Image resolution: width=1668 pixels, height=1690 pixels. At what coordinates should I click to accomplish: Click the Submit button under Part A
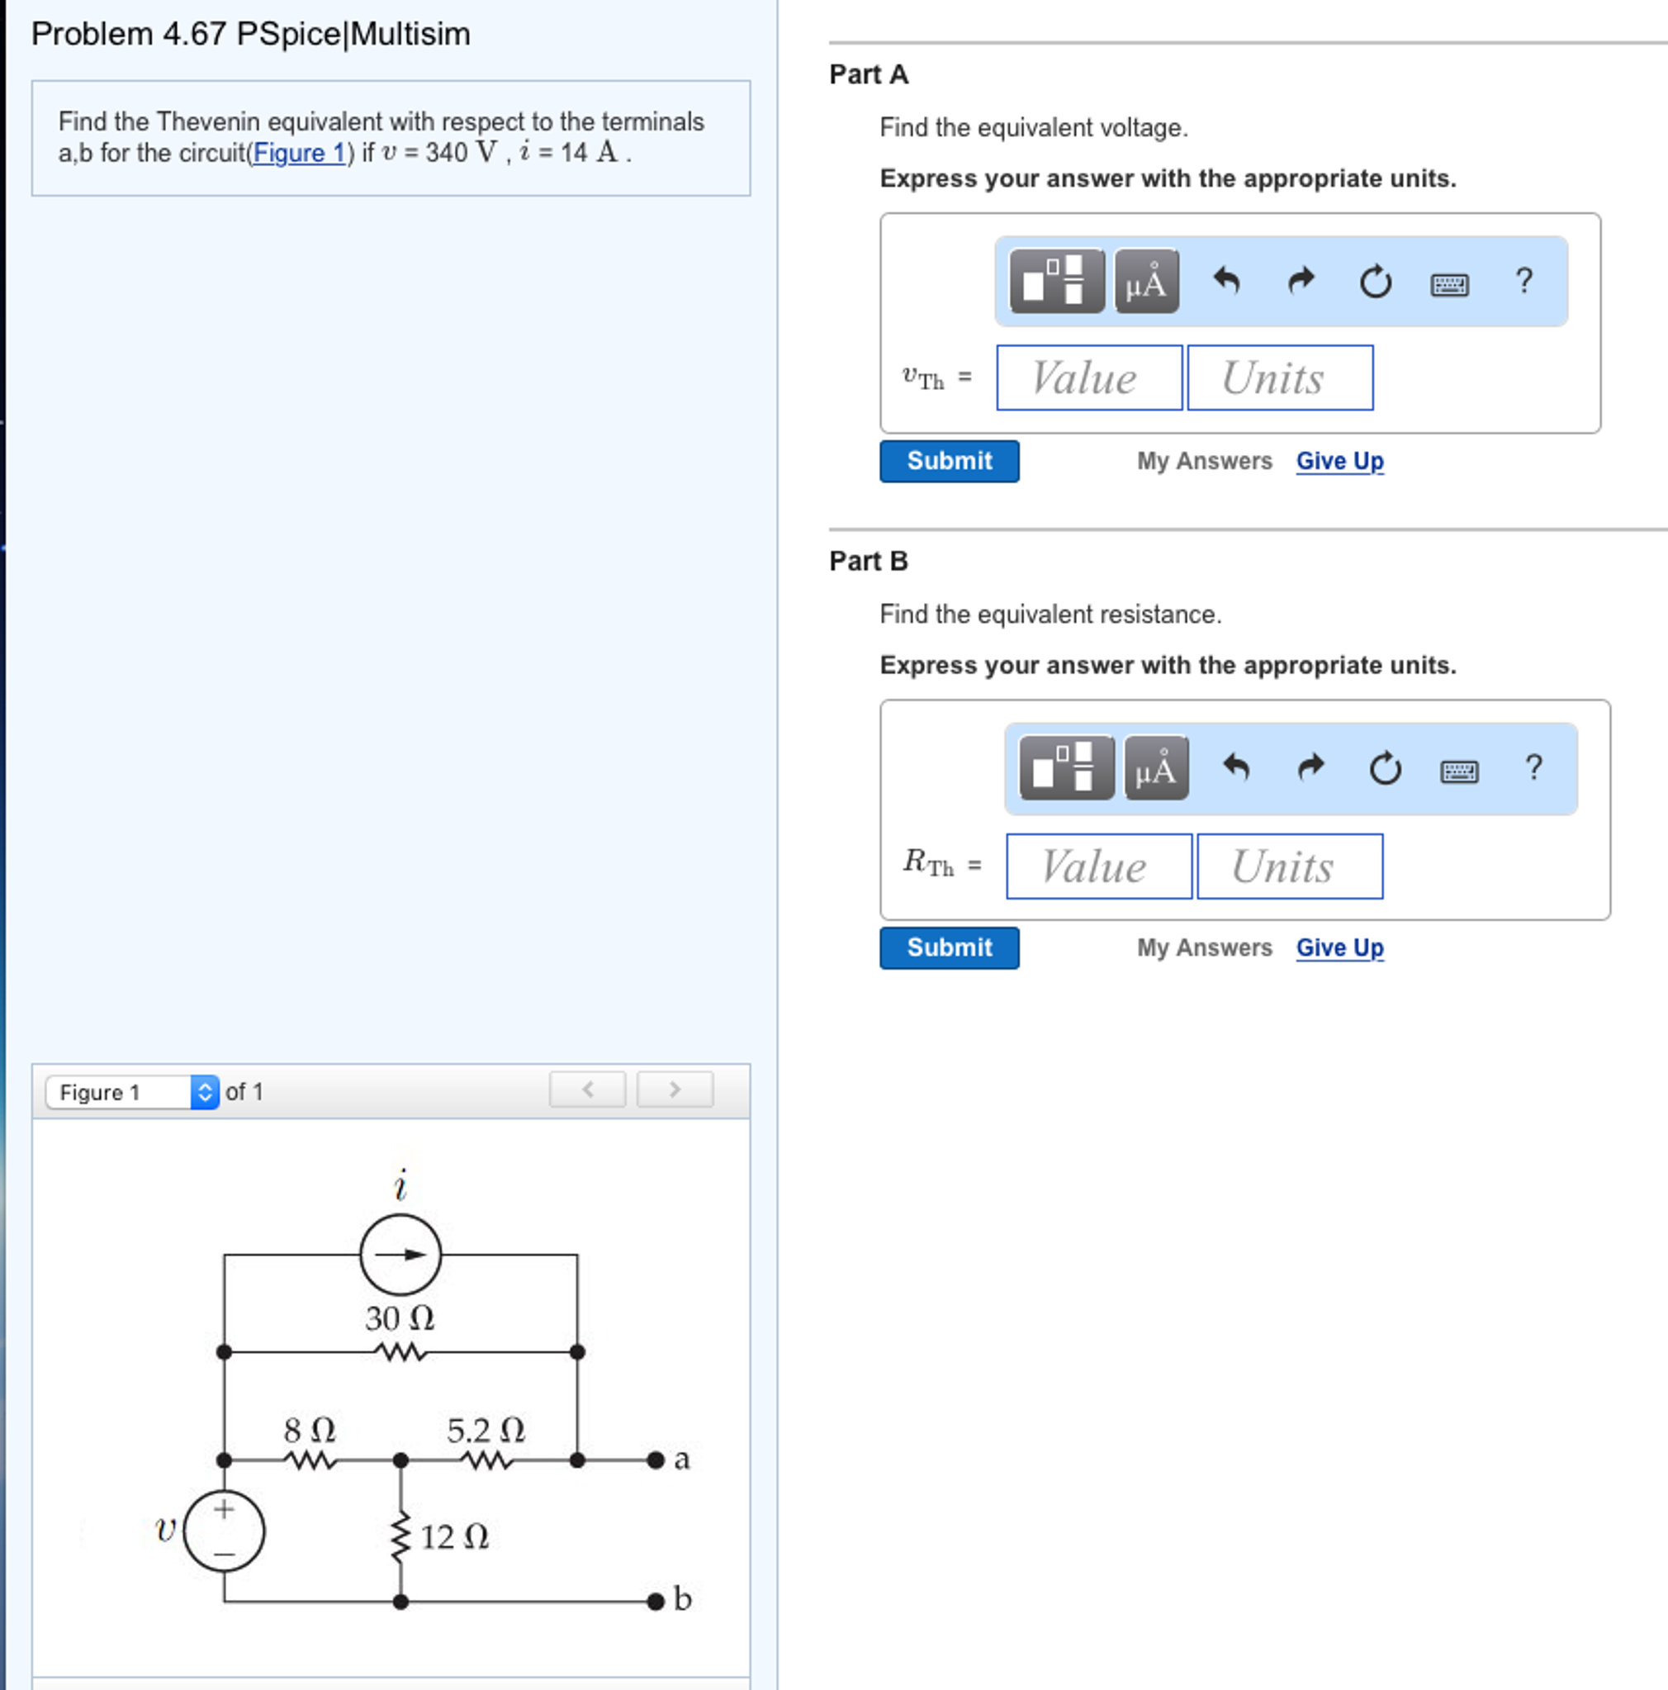point(949,461)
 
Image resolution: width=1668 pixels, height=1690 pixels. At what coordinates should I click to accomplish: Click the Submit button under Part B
point(949,948)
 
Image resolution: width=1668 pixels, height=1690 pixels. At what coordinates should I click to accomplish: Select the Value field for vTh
point(1089,377)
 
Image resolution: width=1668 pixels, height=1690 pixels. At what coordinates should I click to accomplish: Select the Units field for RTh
point(1289,866)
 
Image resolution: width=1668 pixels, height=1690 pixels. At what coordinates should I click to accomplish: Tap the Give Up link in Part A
point(1339,461)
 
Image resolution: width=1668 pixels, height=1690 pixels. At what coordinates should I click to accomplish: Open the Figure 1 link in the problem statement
point(299,153)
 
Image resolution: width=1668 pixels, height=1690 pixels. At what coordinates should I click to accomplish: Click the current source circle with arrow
point(400,1255)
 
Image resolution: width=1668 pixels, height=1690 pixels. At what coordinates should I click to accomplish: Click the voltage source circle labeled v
point(224,1531)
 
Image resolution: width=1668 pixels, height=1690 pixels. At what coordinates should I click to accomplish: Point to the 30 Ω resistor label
point(400,1318)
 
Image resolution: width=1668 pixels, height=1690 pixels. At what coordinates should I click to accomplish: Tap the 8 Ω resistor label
point(310,1430)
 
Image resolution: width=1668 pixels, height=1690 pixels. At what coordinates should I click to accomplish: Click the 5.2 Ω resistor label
point(486,1430)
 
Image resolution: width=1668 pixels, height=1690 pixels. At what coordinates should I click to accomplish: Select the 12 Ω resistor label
point(454,1537)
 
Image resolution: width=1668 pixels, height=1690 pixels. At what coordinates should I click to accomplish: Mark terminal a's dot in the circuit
point(656,1460)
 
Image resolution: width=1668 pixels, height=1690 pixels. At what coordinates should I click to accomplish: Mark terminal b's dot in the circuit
point(656,1602)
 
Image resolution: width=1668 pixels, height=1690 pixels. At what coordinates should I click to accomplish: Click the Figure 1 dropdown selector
point(132,1092)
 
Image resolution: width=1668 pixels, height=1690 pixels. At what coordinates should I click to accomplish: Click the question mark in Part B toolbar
point(1533,768)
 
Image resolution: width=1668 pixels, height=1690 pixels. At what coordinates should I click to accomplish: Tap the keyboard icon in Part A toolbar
point(1449,283)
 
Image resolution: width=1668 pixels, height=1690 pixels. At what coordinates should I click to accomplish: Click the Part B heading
point(869,561)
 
